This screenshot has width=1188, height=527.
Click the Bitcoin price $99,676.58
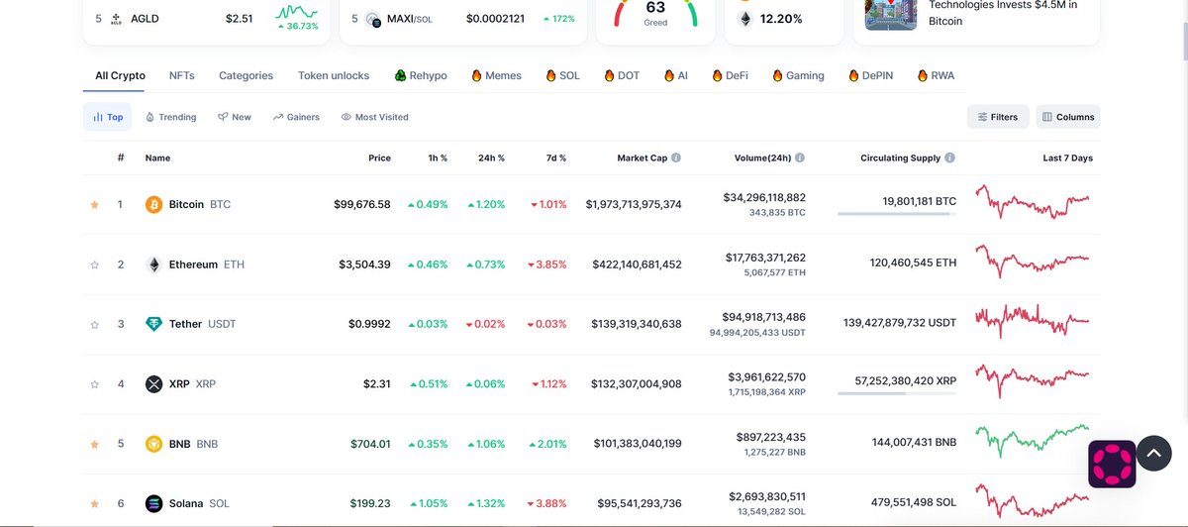(362, 204)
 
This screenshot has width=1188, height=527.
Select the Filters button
(998, 117)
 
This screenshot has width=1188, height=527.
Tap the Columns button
(1068, 117)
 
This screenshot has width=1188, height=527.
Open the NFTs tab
(181, 75)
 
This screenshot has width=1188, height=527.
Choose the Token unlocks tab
(334, 75)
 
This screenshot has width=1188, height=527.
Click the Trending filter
(170, 117)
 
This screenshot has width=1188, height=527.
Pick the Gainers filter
(296, 117)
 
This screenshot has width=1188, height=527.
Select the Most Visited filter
(374, 117)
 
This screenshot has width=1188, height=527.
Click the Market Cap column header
(643, 158)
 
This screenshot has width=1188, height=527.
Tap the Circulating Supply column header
(900, 158)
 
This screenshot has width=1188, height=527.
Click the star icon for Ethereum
(95, 264)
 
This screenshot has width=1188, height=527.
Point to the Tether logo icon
(153, 324)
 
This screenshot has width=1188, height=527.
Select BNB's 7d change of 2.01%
(547, 444)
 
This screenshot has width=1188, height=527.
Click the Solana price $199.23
(370, 503)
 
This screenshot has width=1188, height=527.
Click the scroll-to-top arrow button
(1153, 453)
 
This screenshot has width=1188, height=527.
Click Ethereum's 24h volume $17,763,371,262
(765, 258)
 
